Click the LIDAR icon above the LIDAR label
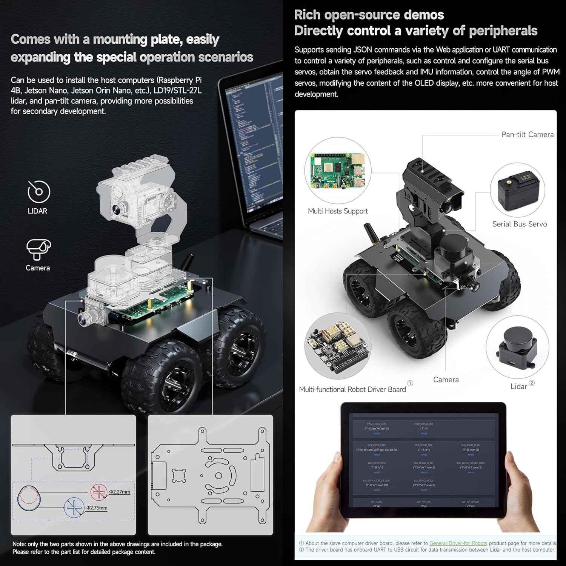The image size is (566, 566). coord(38,192)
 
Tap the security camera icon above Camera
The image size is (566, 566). coord(38,249)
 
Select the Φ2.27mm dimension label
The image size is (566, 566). coord(120,492)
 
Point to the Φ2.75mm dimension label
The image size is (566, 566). coord(97,508)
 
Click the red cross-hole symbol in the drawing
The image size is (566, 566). coord(99,492)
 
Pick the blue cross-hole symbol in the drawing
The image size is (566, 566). coord(74,508)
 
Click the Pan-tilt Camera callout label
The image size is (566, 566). coord(527,135)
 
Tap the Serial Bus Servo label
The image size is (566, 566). coord(519,224)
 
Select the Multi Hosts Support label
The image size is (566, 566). coord(338,211)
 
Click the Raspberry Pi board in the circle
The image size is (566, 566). coord(337,171)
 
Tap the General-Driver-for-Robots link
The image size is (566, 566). coord(458,543)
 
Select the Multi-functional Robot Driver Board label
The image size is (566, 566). coord(352,389)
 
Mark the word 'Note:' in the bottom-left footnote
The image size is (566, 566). coord(19,544)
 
